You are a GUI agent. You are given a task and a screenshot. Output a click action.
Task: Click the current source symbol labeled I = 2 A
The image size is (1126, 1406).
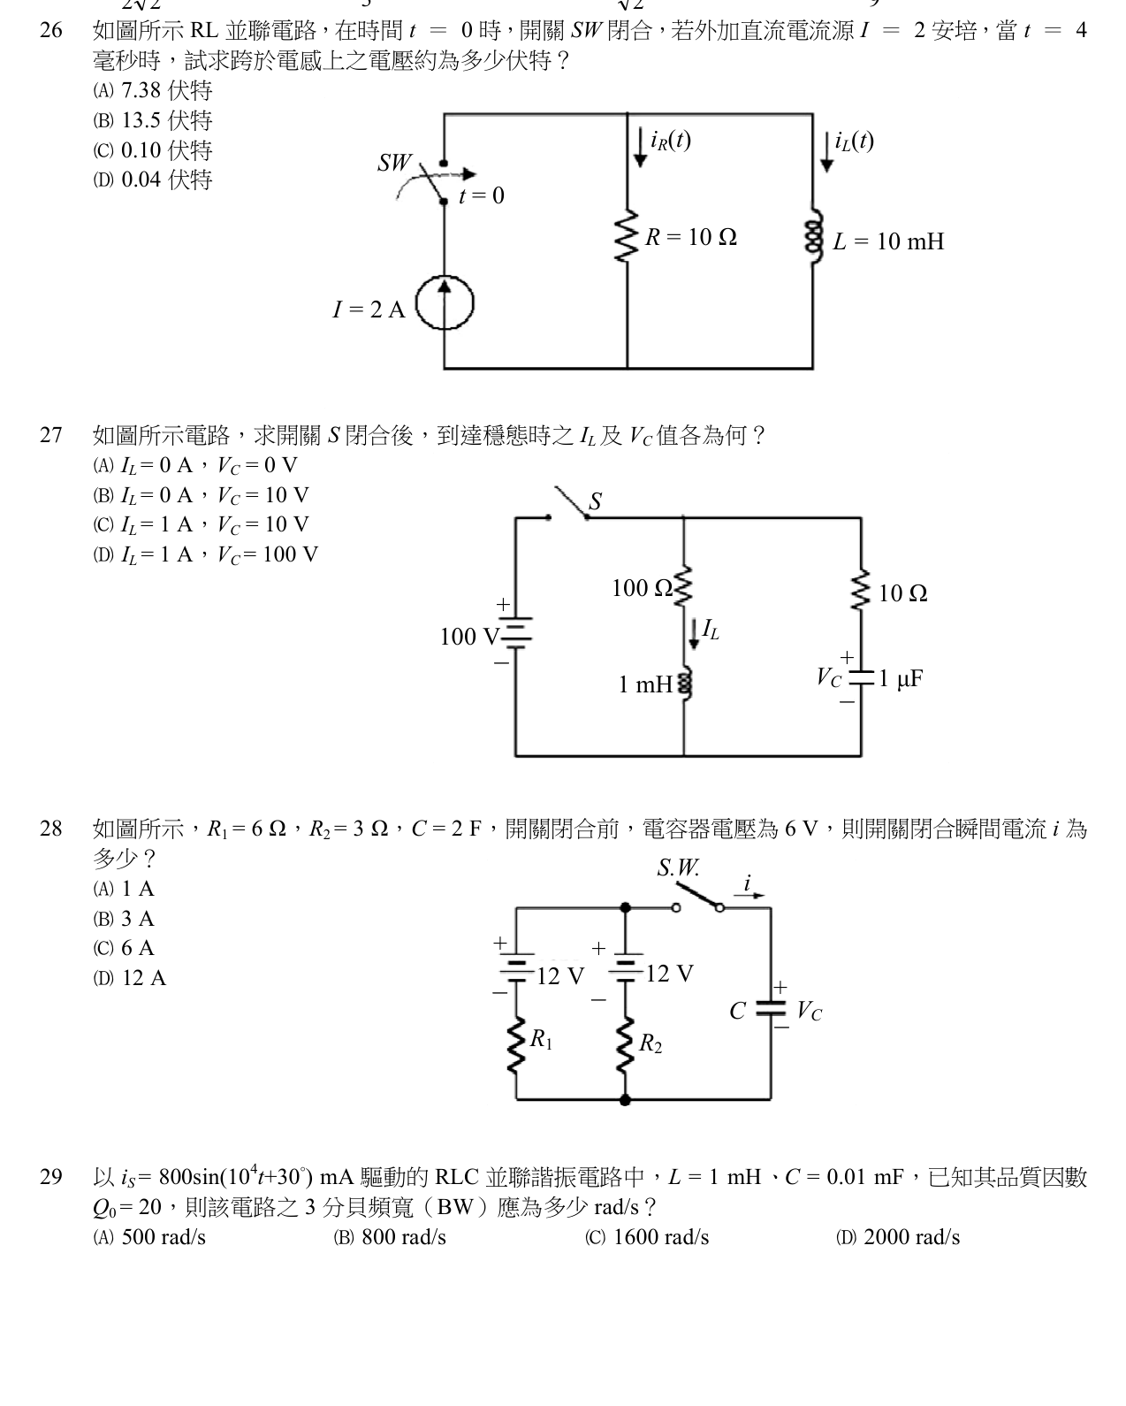pos(445,303)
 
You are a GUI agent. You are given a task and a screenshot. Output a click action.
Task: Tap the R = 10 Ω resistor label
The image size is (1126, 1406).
pos(691,236)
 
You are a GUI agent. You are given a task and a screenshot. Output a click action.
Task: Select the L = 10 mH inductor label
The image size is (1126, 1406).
pos(888,241)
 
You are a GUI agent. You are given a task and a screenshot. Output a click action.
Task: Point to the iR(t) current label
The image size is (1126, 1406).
pos(671,141)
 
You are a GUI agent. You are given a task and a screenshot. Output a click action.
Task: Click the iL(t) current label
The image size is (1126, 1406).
pos(855,141)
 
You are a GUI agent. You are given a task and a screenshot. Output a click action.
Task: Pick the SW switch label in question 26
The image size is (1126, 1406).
pos(394,163)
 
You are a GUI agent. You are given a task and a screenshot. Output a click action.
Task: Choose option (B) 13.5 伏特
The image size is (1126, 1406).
pos(153,120)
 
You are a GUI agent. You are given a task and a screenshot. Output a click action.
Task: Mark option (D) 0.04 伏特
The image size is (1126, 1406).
pos(153,180)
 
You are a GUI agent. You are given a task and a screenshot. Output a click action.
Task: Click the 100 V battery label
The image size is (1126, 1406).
pos(469,637)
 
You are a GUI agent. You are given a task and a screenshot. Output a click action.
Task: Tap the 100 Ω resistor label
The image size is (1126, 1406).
pos(642,588)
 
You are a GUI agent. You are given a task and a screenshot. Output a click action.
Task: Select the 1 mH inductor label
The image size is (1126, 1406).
pos(645,684)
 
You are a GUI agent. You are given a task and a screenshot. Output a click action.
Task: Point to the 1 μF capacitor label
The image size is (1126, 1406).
pos(901,679)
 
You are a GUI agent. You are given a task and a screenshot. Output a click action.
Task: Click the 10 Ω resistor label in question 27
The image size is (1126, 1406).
pos(902,593)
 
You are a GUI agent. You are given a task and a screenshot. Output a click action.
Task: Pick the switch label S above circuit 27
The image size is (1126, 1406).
pos(595,501)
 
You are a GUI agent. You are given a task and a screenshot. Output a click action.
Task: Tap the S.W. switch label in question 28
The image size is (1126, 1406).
pos(678,867)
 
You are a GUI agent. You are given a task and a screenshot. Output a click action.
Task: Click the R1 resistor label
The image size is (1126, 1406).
pos(542,1038)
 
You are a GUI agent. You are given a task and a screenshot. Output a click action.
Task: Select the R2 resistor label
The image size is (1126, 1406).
pos(650,1043)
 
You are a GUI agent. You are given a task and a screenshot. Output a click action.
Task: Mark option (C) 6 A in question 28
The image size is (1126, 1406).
pos(124,948)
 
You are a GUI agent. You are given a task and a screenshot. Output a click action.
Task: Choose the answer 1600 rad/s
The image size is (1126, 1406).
pos(647,1237)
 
